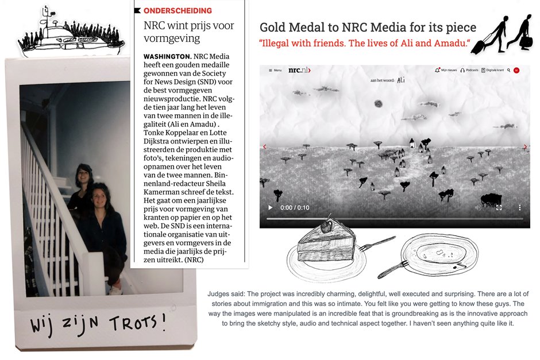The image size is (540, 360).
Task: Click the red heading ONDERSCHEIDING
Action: point(178,10)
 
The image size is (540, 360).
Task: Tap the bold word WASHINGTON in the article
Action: point(167,56)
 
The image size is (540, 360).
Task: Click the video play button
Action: point(270,207)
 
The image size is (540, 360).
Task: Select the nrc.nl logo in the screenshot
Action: point(299,70)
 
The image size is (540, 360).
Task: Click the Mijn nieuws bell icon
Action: point(438,70)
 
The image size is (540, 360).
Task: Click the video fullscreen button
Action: point(499,207)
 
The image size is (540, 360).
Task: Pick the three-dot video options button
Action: point(519,207)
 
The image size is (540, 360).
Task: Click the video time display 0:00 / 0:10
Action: point(295,207)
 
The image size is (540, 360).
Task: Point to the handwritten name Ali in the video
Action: point(400,80)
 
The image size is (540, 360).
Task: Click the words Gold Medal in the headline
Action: point(287,28)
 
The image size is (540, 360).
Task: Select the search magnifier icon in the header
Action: point(508,70)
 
